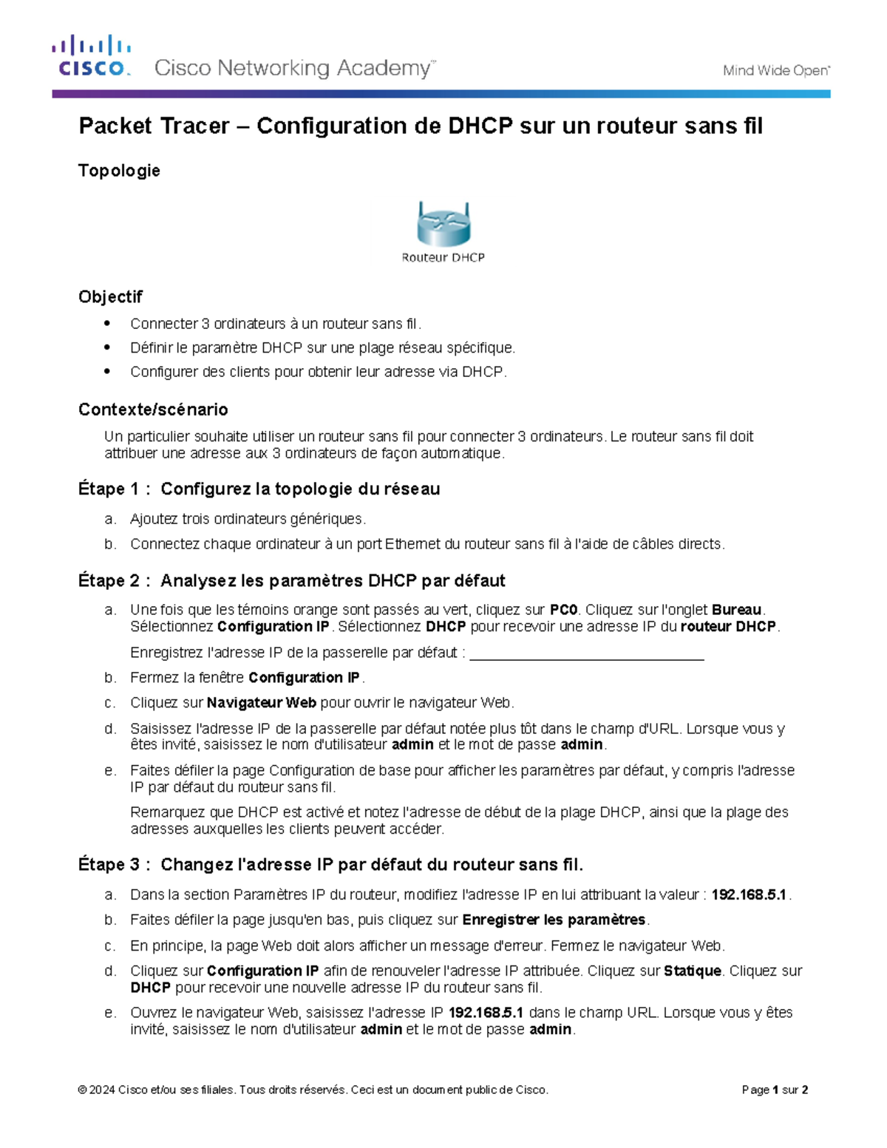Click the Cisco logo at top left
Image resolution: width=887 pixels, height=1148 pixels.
92,56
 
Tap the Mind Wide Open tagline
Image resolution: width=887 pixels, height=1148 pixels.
775,71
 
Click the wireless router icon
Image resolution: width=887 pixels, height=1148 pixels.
443,224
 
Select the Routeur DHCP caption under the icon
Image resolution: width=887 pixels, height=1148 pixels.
443,258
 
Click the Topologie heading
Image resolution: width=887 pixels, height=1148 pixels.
119,171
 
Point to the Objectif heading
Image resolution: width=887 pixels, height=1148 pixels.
110,296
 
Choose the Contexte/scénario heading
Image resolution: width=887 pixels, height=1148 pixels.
153,410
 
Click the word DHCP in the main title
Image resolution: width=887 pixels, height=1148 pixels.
480,126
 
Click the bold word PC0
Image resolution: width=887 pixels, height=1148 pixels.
563,610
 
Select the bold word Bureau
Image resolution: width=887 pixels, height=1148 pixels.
736,610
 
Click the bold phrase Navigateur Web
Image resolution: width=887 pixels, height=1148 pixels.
262,703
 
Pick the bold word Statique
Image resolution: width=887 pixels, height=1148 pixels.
692,971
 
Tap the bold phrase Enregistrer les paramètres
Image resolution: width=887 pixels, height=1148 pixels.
554,920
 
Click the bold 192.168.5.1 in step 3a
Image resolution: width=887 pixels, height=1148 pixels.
749,895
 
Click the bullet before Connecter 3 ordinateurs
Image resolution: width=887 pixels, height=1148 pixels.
108,323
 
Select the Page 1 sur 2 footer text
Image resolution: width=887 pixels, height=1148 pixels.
775,1090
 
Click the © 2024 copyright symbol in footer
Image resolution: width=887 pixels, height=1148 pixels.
82,1090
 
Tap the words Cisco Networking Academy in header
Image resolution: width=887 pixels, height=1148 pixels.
293,69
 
